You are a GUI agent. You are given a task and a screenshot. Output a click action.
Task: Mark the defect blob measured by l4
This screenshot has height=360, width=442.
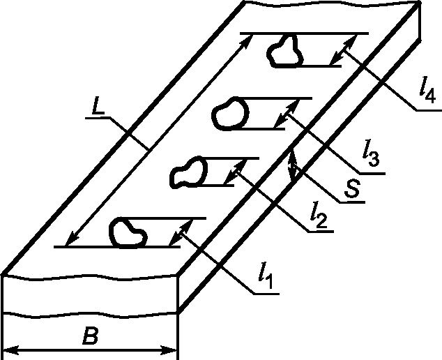pyautogui.click(x=285, y=51)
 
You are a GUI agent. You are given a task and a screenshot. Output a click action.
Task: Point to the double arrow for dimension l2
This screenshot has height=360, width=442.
pyautogui.click(x=236, y=172)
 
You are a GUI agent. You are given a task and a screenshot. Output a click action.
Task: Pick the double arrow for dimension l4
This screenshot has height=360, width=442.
pyautogui.click(x=340, y=49)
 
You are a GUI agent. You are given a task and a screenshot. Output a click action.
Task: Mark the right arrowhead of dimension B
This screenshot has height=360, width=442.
pyautogui.click(x=173, y=348)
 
